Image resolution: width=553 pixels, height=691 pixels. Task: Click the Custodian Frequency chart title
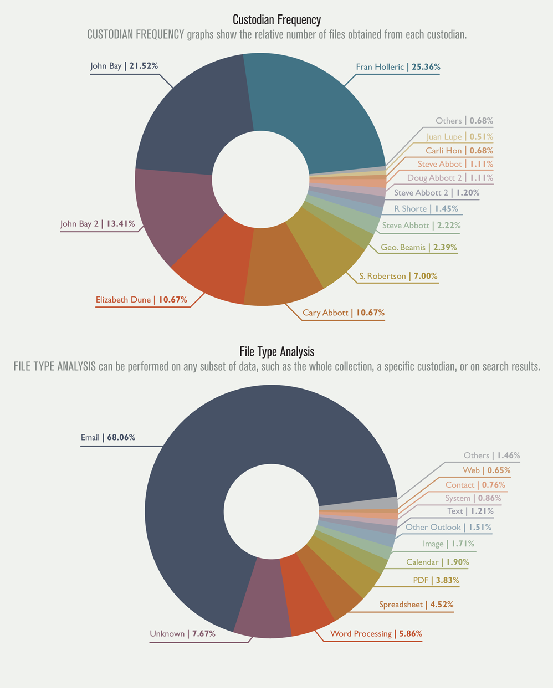pos(276,20)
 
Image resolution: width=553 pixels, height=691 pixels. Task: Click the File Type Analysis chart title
pos(276,352)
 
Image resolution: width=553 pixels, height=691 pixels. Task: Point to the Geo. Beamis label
pos(403,248)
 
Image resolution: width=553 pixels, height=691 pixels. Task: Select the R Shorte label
pos(410,209)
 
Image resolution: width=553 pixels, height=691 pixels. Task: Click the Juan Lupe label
pos(444,137)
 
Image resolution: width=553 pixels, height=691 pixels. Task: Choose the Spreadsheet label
pos(401,605)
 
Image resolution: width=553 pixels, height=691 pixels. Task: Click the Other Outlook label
pos(433,527)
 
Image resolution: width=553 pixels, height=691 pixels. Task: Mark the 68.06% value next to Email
pos(121,437)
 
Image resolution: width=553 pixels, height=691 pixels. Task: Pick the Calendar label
pos(422,562)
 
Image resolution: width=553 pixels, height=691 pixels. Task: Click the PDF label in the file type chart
pos(421,580)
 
